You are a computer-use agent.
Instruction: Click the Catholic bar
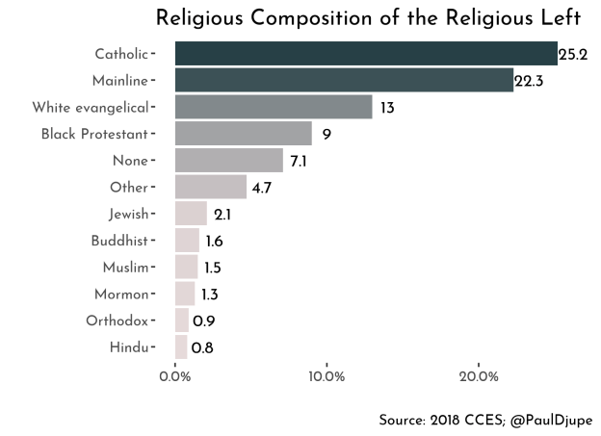(366, 54)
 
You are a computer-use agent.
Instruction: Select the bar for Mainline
(344, 81)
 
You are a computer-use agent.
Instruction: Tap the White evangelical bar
(274, 107)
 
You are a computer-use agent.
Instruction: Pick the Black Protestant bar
(244, 134)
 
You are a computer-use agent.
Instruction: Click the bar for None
(229, 161)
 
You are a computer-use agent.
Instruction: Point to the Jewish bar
(191, 214)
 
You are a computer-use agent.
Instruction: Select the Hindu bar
(181, 346)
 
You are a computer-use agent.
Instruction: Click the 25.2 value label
(573, 55)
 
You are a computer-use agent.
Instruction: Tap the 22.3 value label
(530, 82)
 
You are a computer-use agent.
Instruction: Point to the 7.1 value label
(299, 162)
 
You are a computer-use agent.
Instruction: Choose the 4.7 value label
(262, 188)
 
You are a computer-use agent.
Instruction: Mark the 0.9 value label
(203, 321)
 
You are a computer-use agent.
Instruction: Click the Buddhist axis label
(119, 241)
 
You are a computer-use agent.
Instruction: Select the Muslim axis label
(125, 267)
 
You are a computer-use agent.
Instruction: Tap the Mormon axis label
(121, 294)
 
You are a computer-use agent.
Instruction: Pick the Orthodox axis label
(117, 321)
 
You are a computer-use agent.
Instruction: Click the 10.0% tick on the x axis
(327, 376)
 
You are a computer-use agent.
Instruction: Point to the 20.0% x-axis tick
(479, 376)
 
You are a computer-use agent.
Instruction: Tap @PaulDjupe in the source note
(551, 420)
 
